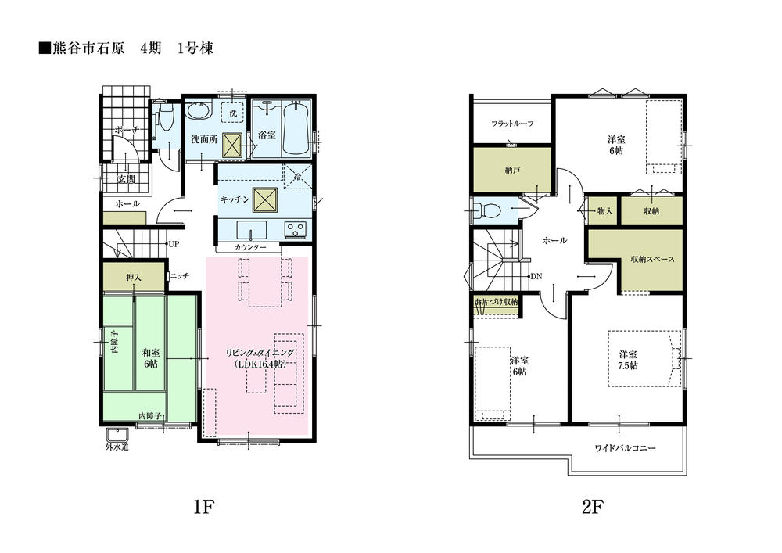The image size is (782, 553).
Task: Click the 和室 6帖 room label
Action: [150, 359]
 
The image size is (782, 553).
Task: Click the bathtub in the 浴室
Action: [296, 128]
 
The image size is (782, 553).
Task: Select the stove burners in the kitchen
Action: [296, 229]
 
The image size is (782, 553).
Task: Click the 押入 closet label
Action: [133, 277]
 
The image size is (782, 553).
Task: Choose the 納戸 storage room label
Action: [513, 169]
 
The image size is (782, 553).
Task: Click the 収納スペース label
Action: [651, 260]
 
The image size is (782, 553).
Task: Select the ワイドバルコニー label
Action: [624, 449]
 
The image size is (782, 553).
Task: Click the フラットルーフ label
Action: [512, 124]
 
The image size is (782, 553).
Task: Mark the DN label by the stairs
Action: [536, 277]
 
